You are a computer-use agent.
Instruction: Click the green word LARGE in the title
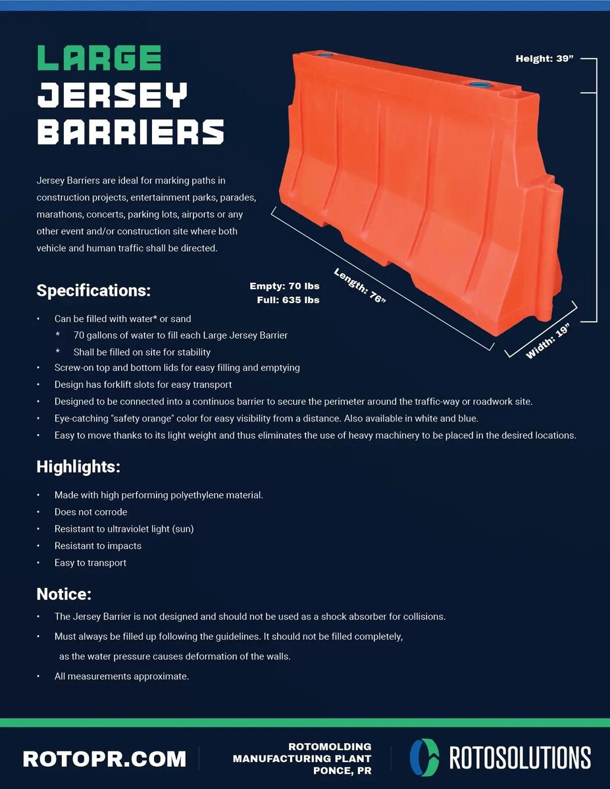click(x=99, y=57)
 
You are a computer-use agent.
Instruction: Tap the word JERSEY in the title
click(x=113, y=95)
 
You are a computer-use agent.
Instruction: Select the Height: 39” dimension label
click(x=544, y=59)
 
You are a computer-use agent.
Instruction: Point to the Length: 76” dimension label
click(x=359, y=286)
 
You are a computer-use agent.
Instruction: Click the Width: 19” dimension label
click(x=547, y=341)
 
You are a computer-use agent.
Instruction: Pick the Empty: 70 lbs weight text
click(x=284, y=286)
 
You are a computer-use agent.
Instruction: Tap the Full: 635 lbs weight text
click(x=288, y=300)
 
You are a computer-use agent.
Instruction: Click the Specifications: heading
click(x=93, y=291)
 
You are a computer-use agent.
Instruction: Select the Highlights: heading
click(x=78, y=467)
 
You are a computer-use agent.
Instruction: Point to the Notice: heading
click(x=64, y=594)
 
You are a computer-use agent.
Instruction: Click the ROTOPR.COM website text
click(x=105, y=759)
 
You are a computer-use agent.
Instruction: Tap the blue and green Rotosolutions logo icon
click(x=424, y=758)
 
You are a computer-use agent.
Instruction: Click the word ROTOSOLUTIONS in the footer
click(x=521, y=758)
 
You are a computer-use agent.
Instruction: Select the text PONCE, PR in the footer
click(x=342, y=771)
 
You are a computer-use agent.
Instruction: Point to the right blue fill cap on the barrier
click(x=479, y=85)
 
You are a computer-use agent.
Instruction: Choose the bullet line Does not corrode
click(x=91, y=512)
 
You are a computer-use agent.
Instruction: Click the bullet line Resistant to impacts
click(x=98, y=546)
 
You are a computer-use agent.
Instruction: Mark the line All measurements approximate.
click(x=122, y=676)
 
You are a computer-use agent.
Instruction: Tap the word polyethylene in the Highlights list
click(x=195, y=495)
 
